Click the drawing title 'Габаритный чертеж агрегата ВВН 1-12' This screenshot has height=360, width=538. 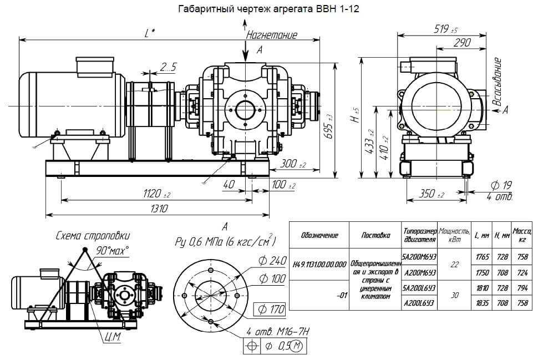point(268,9)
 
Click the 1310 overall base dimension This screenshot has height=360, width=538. point(158,208)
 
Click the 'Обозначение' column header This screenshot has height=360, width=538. point(319,235)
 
